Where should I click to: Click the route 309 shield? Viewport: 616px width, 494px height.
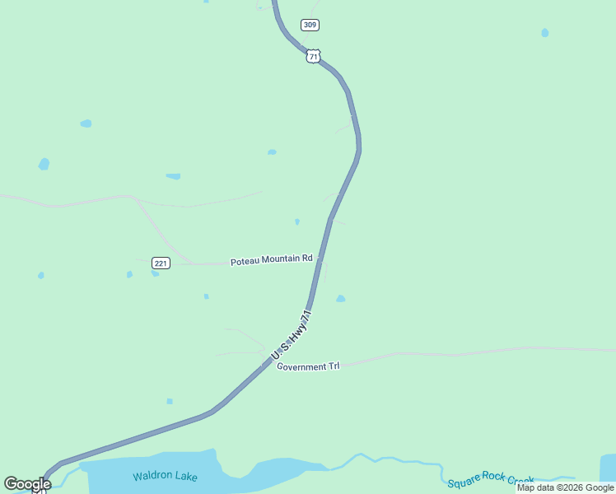click(310, 25)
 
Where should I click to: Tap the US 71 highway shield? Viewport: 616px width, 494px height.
click(312, 55)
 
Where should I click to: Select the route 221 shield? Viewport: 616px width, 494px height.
click(161, 263)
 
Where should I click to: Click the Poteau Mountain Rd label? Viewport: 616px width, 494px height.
click(271, 259)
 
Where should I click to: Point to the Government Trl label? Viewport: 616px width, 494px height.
click(308, 366)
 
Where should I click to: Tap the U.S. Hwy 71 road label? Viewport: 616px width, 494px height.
click(292, 335)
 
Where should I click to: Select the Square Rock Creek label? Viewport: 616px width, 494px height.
click(491, 479)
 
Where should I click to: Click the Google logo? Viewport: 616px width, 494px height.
click(27, 484)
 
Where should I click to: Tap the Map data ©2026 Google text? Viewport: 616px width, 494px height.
click(565, 487)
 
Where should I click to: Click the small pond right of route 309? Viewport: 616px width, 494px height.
click(544, 33)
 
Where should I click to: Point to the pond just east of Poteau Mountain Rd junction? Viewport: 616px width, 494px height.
click(340, 299)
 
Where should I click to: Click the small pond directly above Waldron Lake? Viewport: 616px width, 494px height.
click(170, 401)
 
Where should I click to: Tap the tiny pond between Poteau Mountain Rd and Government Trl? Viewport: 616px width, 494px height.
click(206, 296)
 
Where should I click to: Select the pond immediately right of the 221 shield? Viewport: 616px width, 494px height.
click(155, 273)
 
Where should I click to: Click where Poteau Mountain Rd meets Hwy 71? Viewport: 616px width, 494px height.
click(320, 259)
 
